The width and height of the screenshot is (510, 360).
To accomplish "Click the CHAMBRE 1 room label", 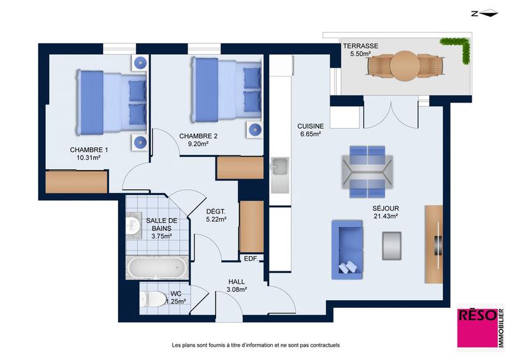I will (89, 150).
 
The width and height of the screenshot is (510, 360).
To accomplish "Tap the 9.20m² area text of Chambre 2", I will (198, 145).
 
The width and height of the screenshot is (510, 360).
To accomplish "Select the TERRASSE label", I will (361, 47).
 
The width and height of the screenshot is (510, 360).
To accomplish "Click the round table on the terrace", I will (404, 66).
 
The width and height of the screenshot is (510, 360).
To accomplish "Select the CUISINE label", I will (310, 126).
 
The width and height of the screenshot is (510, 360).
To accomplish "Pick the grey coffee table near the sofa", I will (391, 244).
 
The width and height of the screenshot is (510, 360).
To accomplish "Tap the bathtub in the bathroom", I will (157, 268).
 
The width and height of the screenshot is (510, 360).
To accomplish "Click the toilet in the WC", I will (152, 298).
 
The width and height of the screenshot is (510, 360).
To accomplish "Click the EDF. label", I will (251, 258).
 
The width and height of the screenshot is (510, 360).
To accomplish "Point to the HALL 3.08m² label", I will (237, 285).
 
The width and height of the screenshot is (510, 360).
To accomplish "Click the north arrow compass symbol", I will (482, 12).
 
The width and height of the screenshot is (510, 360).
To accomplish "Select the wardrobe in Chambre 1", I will (76, 182).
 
